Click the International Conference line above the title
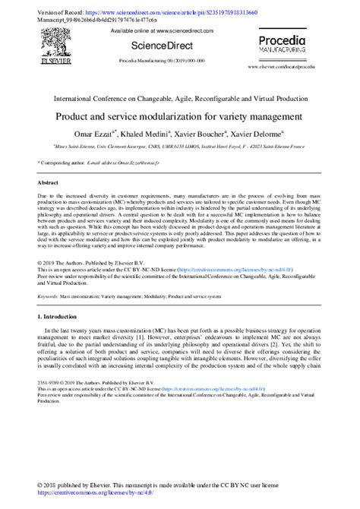click(x=179, y=99)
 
